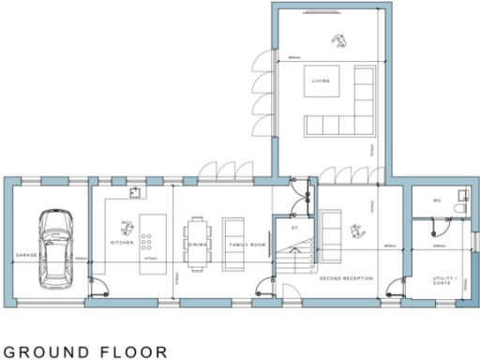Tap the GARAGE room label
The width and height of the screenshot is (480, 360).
point(24,255)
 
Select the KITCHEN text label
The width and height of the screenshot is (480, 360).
point(123,242)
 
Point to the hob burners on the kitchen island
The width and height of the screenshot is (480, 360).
point(147,241)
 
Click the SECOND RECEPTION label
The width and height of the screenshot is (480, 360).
point(346,278)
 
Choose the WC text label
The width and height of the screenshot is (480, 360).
point(437,201)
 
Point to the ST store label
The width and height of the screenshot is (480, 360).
point(293,227)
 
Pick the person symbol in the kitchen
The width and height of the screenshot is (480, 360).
point(126,224)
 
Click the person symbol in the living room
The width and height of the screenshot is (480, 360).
point(337,38)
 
